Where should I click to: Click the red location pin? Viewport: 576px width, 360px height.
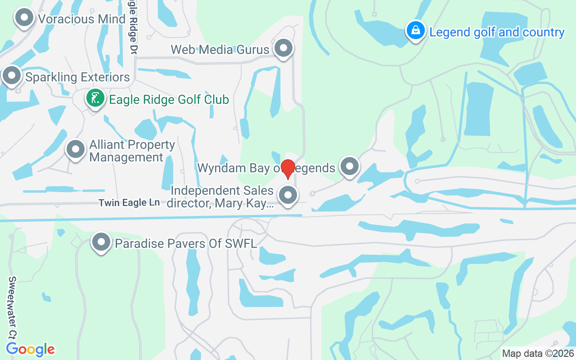click(288, 169)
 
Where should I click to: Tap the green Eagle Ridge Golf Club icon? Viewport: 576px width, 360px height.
click(95, 98)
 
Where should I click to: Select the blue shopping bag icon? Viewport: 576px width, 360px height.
click(416, 31)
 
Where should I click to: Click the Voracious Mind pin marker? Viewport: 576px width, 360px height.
click(25, 18)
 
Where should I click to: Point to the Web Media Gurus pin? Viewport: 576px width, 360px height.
click(283, 48)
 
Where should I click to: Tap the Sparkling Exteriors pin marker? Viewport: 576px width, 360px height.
click(12, 76)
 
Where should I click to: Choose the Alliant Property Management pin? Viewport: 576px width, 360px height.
click(76, 149)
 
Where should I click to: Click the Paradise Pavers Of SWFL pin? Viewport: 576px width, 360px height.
click(101, 242)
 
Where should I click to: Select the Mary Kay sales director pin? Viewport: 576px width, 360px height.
click(288, 196)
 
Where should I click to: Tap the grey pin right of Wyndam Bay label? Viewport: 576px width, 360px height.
click(349, 166)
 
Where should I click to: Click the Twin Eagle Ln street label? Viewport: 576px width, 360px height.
click(129, 203)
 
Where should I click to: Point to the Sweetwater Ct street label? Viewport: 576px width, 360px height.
click(12, 308)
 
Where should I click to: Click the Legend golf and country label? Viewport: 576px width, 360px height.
click(497, 32)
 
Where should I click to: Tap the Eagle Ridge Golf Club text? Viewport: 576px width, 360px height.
click(169, 99)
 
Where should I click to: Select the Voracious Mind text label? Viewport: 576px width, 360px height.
click(81, 19)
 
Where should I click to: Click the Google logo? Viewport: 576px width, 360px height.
click(31, 349)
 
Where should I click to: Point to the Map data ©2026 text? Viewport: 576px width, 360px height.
click(537, 353)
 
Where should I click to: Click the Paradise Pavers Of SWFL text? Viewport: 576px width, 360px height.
click(186, 243)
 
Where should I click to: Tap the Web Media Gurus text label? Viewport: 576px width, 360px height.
click(220, 49)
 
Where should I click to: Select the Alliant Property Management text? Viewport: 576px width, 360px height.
click(132, 151)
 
